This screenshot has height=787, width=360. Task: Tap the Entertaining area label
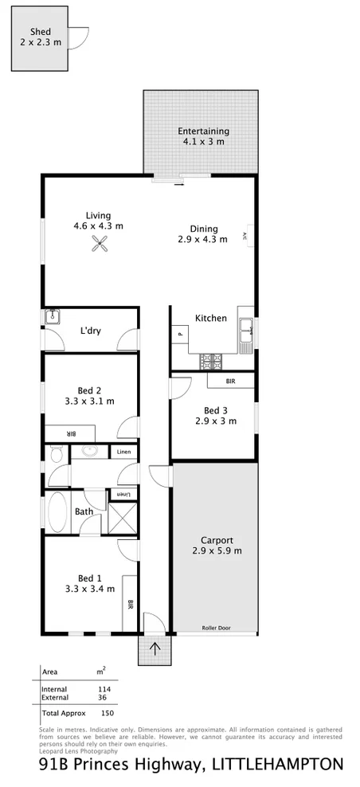tap(203, 131)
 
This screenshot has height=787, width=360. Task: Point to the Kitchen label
tap(211, 319)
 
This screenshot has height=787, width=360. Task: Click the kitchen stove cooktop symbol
tap(212, 361)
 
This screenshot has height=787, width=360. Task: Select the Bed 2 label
tap(88, 390)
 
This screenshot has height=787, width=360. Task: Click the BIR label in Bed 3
tap(230, 382)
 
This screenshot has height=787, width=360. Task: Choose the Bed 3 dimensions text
tap(217, 422)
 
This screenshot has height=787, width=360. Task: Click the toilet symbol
tap(54, 456)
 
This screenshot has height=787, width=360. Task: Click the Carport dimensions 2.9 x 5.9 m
tap(217, 550)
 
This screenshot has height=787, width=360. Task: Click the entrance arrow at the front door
tap(155, 648)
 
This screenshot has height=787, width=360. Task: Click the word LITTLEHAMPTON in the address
tap(277, 765)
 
